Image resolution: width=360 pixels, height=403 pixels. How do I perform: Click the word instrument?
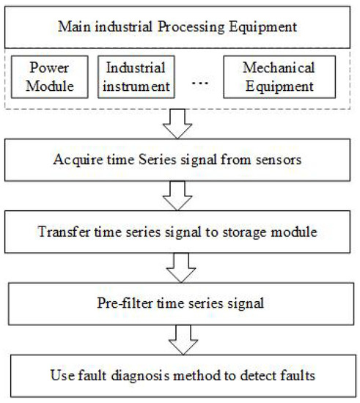(136, 86)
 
